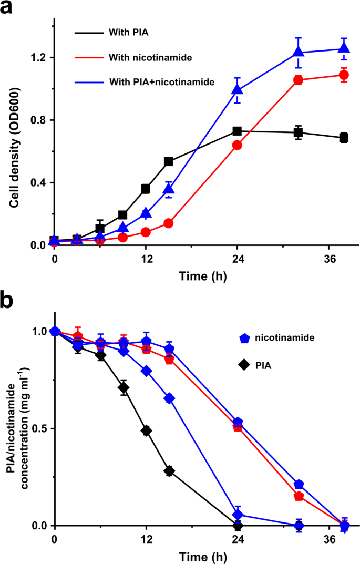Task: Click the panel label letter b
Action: point(8,302)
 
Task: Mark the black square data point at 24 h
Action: point(237,131)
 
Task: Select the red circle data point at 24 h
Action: point(237,145)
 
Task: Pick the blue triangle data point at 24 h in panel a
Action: point(237,90)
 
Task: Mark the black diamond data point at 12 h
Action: point(146,430)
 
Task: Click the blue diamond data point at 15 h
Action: point(169,398)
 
